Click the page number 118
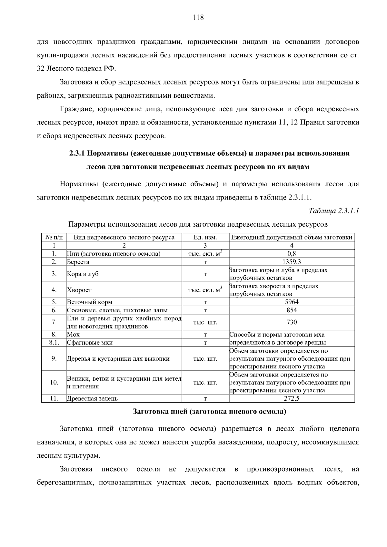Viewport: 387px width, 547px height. (x=198, y=18)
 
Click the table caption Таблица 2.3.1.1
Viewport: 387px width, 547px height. (x=334, y=211)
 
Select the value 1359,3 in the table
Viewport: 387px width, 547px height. (x=292, y=262)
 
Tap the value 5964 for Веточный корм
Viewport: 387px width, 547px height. (x=292, y=302)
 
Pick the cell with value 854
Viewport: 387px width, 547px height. (x=292, y=310)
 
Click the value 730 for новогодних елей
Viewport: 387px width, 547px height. (x=292, y=322)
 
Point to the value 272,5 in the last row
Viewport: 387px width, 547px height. (x=292, y=398)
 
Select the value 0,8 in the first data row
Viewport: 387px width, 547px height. (x=292, y=254)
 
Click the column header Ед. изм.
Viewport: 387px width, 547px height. (x=205, y=238)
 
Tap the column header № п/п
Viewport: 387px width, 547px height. (x=54, y=238)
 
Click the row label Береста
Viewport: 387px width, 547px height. (x=78, y=262)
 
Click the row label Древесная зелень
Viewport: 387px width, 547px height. (x=92, y=398)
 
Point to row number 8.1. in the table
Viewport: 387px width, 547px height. (x=54, y=343)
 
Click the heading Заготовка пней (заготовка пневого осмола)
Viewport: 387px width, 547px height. (x=210, y=412)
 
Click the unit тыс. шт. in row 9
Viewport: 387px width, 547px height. (x=205, y=359)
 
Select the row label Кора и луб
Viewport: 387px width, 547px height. (x=83, y=274)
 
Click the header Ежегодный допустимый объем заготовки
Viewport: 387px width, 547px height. (x=292, y=238)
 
